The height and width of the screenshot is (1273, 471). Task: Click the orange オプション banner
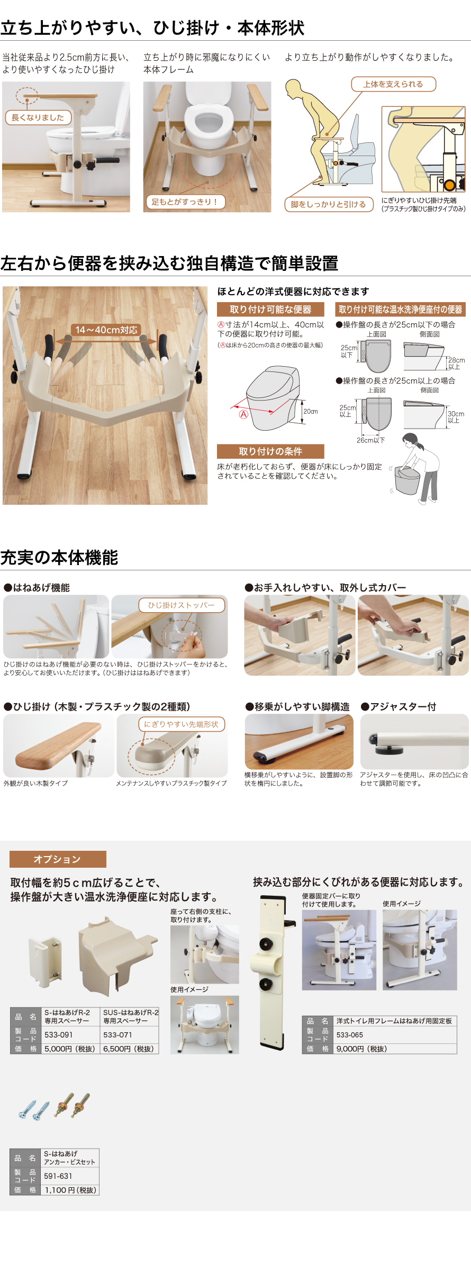(58, 859)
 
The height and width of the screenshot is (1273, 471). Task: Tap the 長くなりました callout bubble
(38, 117)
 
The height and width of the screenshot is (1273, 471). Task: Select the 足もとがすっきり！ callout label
(185, 202)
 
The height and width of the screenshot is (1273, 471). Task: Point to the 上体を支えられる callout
(393, 84)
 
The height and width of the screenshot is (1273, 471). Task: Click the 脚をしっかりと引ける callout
(329, 204)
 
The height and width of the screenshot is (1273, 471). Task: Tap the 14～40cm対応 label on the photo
(106, 330)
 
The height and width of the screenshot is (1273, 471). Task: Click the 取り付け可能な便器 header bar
(270, 310)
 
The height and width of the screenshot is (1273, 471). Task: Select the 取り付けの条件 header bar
(270, 451)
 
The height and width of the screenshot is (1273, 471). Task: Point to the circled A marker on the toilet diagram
(243, 414)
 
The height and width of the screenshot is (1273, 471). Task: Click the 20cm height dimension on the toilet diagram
(311, 411)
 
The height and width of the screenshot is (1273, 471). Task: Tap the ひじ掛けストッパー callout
(182, 605)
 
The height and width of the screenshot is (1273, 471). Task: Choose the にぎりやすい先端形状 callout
(182, 724)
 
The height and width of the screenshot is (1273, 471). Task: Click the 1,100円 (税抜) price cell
(70, 1190)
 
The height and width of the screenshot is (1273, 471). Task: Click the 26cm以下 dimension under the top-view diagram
(371, 440)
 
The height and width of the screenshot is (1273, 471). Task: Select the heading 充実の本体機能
(59, 558)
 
